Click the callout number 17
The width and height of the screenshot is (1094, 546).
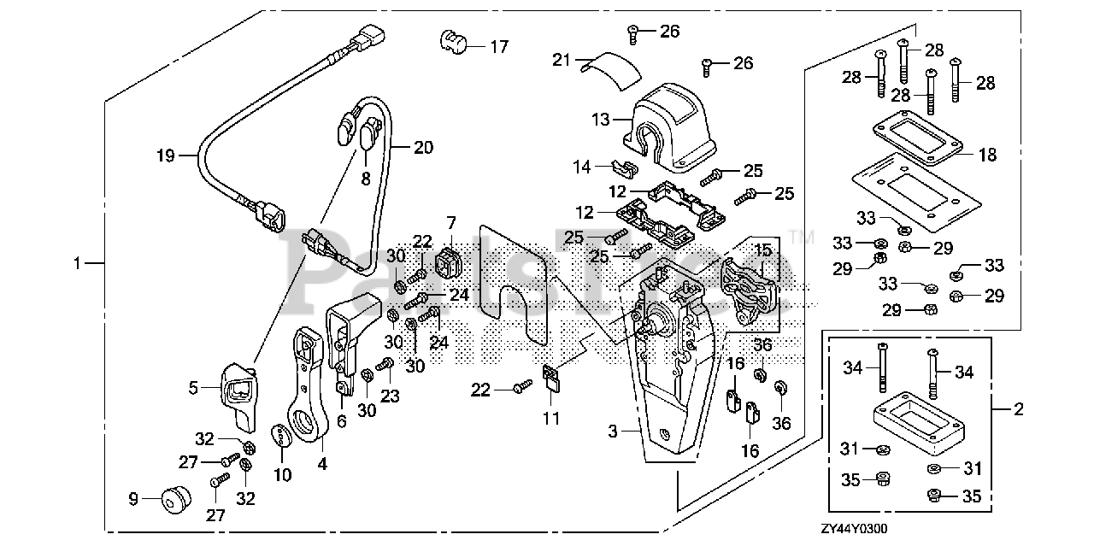(x=499, y=47)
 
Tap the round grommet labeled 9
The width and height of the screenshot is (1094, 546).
(x=175, y=499)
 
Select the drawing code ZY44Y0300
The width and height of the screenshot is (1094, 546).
(x=854, y=529)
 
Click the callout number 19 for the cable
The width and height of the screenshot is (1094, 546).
(x=165, y=156)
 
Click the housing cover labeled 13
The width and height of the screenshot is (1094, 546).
(x=669, y=128)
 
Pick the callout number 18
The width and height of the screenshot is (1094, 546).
(x=987, y=155)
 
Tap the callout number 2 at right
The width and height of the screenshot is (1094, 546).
(x=1018, y=409)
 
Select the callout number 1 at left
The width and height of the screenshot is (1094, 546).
(x=77, y=264)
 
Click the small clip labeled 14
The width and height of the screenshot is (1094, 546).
(x=626, y=167)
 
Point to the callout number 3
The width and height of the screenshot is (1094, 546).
(x=613, y=432)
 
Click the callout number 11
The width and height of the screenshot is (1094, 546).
(x=551, y=419)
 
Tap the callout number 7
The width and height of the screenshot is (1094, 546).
(x=450, y=223)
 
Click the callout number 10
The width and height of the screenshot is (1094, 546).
(x=282, y=475)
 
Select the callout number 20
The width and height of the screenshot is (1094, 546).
(x=423, y=148)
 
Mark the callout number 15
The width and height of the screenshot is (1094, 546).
(x=763, y=250)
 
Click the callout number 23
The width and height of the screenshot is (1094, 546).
(x=390, y=396)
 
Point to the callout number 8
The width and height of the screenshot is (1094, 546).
(x=365, y=179)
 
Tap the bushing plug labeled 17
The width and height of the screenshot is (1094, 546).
(x=454, y=43)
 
